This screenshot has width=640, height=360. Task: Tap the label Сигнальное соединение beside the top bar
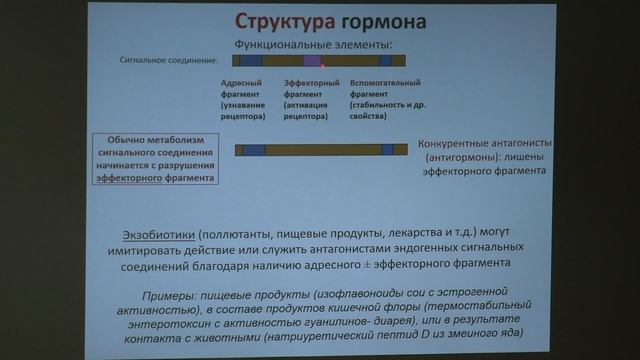coord(174,61)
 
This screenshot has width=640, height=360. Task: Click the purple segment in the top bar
coord(311,61)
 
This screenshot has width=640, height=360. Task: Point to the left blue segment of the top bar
coord(250,61)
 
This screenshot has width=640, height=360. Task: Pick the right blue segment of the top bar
coord(385,61)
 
